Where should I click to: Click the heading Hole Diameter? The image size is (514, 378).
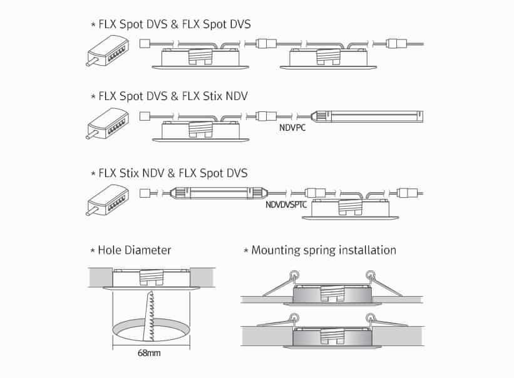coord(134,250)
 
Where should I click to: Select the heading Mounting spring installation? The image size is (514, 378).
coord(323,250)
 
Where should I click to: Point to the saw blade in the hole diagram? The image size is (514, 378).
coord(148,316)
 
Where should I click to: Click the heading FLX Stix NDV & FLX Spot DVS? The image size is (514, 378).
coord(173,172)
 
